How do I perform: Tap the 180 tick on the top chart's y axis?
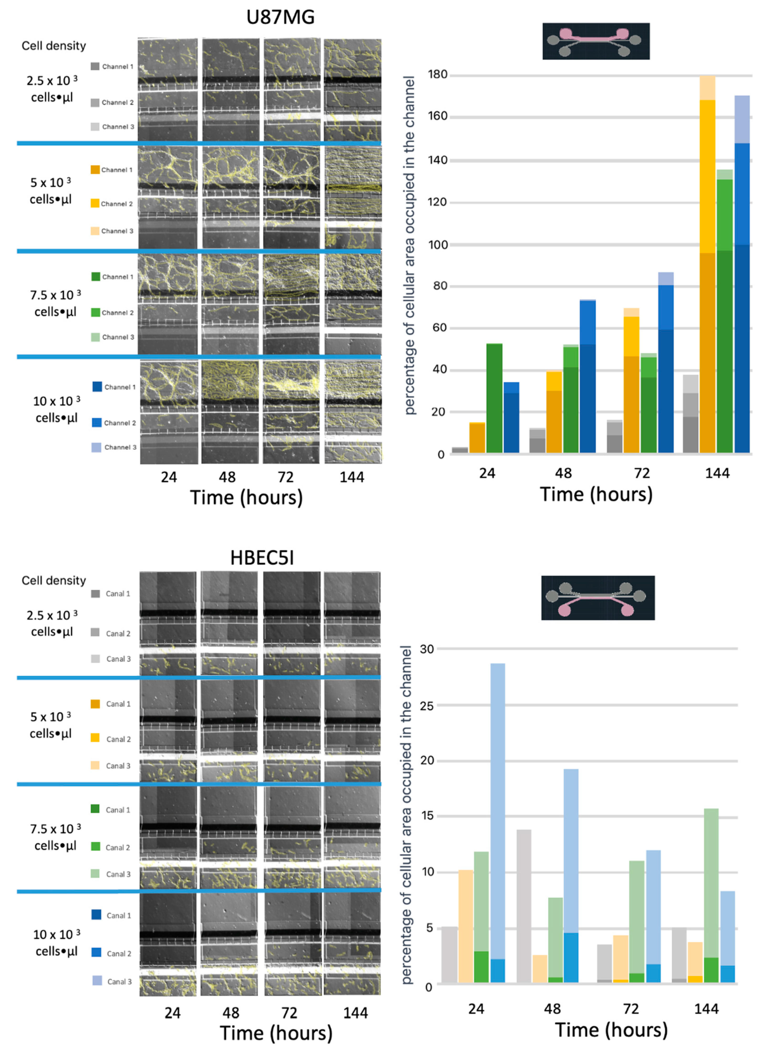437,75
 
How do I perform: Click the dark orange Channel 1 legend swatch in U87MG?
95,170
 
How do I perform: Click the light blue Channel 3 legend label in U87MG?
120,447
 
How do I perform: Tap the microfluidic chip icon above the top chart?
596,41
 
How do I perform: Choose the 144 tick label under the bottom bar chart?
706,1009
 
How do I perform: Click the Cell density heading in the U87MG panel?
54,46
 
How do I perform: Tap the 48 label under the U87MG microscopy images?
227,477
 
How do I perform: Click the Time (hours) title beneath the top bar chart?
596,495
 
